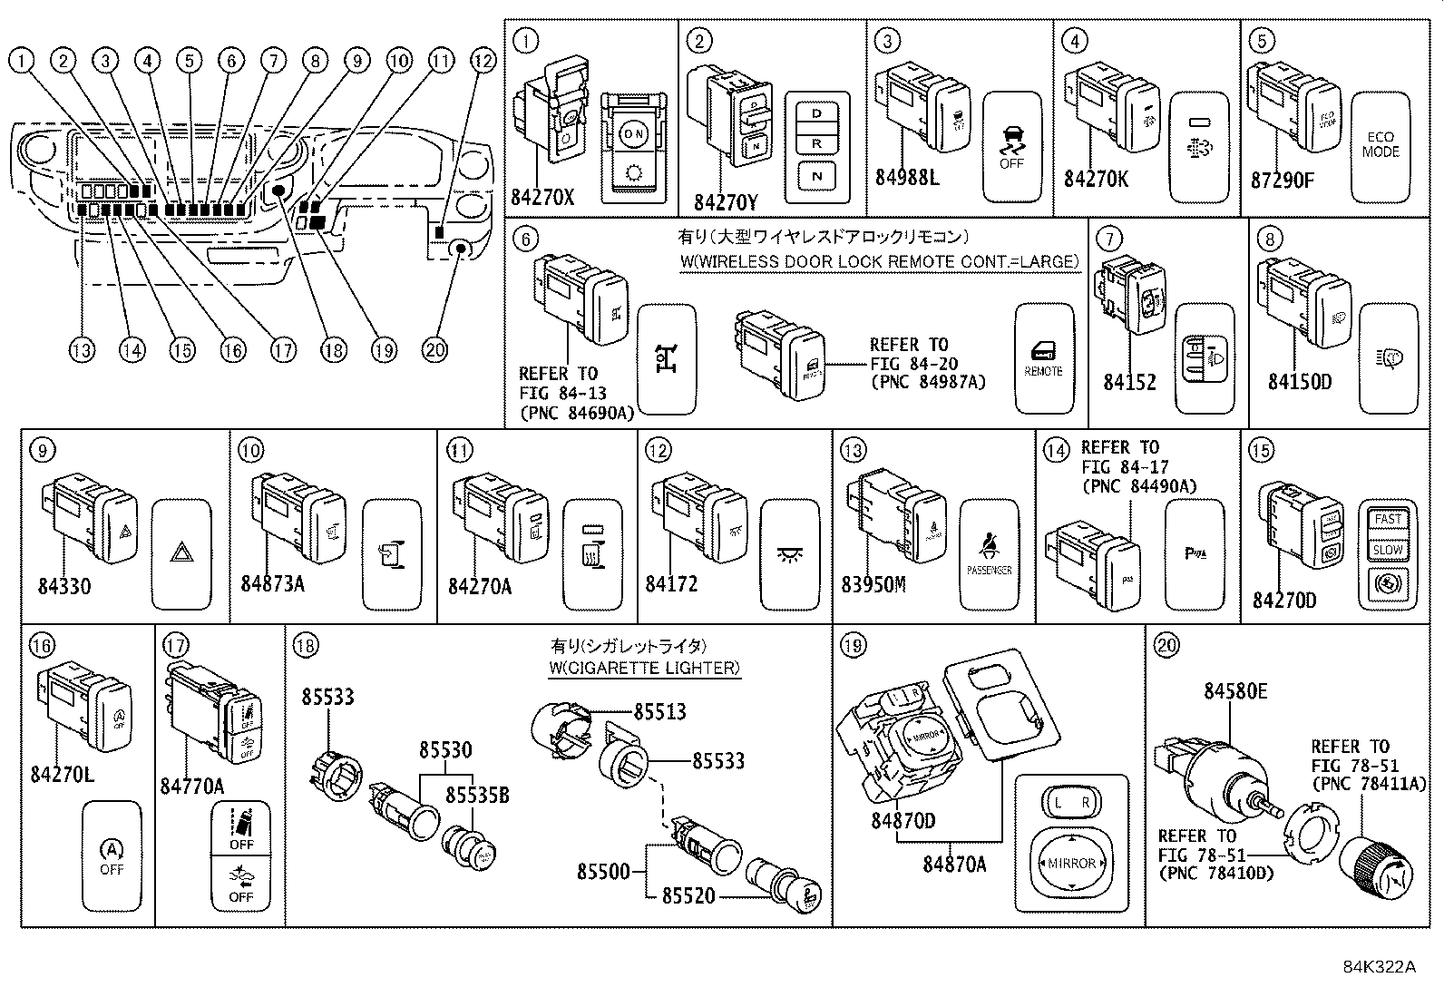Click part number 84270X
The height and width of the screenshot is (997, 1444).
click(542, 196)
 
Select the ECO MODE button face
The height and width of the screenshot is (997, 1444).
click(1381, 146)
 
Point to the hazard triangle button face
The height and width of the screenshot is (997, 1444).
click(181, 552)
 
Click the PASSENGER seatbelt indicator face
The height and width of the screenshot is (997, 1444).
click(990, 553)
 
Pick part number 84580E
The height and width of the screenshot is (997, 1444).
click(1235, 691)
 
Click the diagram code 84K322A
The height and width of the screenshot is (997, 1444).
click(1380, 967)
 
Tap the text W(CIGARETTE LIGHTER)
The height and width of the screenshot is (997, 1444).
click(644, 669)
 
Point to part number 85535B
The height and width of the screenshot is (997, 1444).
click(476, 796)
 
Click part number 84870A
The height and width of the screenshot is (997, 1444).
click(954, 865)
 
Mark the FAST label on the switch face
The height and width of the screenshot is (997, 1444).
click(1388, 519)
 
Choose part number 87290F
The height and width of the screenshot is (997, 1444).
click(1282, 179)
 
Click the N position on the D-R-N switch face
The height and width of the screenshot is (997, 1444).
click(817, 175)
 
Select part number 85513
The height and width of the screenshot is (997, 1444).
click(659, 712)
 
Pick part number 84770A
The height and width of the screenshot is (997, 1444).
click(191, 786)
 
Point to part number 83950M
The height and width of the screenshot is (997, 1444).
click(873, 584)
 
